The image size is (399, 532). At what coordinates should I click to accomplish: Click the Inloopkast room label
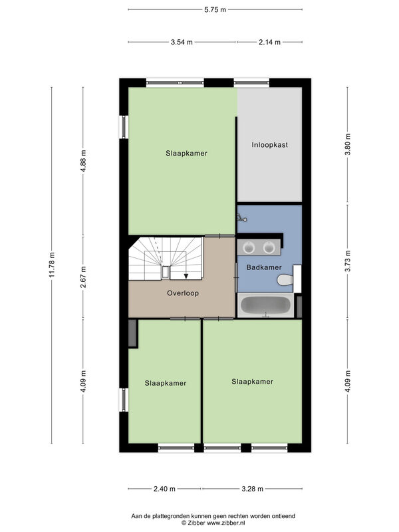pos(270,145)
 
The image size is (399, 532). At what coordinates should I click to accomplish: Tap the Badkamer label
pos(264,267)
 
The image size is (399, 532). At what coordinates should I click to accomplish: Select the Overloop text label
pos(183,293)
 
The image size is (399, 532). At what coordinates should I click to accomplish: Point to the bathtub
pos(265,305)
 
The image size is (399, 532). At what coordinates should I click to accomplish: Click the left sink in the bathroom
pos(249,247)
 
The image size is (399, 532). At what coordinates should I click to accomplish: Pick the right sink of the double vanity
pos(269,247)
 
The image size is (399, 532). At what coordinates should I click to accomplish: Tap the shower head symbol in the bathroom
pos(242,218)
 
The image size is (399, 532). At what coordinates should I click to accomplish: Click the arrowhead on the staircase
pos(186,276)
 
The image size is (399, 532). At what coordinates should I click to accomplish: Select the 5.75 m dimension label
pos(215,10)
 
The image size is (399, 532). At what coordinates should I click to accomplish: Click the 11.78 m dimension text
pos(52,265)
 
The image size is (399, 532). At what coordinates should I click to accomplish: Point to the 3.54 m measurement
pos(182,43)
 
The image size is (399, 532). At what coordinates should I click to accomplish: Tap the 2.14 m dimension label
pos(270,43)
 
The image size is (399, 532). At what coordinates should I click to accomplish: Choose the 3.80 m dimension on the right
pos(347,144)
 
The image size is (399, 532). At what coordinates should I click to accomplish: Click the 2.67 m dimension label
pos(83,277)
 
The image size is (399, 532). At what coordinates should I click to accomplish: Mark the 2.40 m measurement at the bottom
pos(164,489)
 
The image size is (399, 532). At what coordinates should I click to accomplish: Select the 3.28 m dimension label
pos(253,489)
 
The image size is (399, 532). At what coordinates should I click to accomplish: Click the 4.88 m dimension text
pos(83,161)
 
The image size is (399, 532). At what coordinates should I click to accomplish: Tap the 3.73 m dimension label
pos(347,261)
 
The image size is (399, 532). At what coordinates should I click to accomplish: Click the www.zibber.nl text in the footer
pos(226,523)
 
